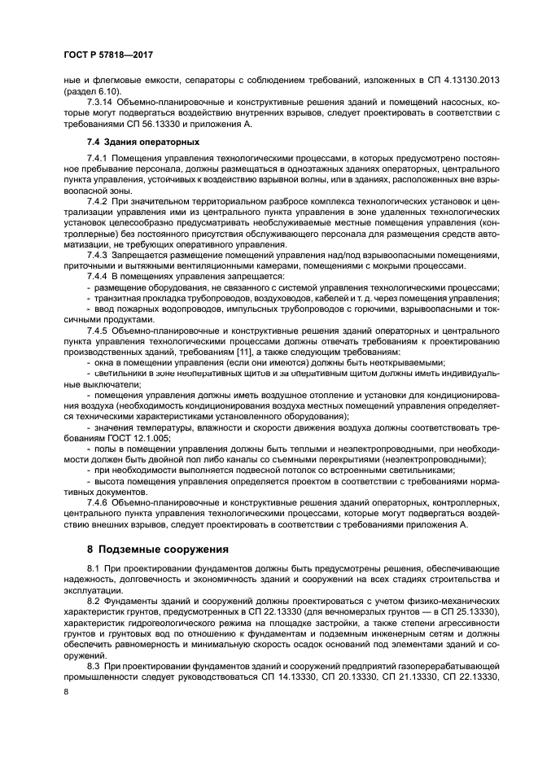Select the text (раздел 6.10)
click(91, 91)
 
